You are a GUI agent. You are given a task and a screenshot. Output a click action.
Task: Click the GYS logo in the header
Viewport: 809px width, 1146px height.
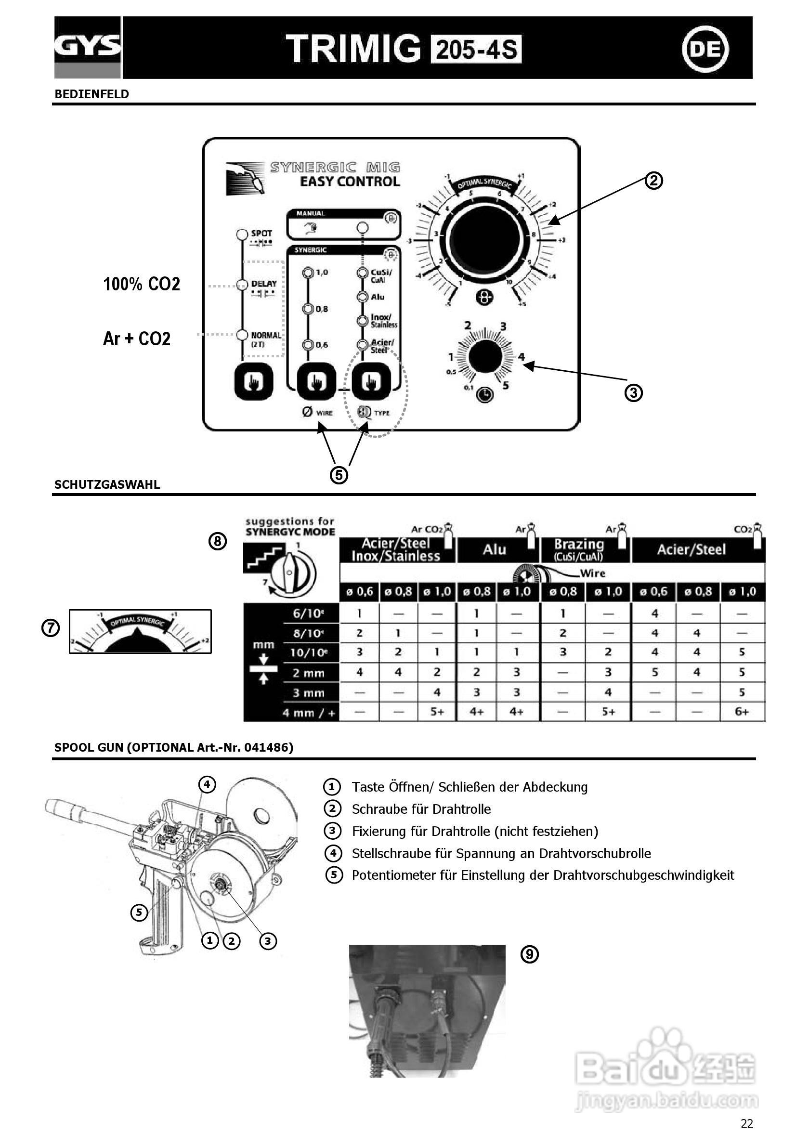(x=88, y=47)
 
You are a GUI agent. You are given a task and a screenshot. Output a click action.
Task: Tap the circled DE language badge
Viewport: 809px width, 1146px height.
(x=705, y=49)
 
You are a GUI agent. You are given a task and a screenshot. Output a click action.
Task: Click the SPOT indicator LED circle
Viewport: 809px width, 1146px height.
(x=242, y=234)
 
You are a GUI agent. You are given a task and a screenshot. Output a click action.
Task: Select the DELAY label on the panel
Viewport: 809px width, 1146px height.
(x=263, y=284)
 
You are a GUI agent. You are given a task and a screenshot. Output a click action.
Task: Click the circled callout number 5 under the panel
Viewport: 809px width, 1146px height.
(x=339, y=475)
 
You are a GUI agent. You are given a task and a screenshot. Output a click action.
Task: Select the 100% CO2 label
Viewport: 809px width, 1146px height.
(x=141, y=284)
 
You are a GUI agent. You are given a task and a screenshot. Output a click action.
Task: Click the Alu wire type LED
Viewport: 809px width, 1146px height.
(x=363, y=297)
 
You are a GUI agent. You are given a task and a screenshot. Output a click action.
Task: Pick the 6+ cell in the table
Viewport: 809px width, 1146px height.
(x=742, y=712)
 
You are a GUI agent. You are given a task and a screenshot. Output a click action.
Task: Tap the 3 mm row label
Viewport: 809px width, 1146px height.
(x=308, y=693)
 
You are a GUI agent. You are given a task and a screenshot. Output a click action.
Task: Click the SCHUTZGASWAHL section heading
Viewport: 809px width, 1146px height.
(x=107, y=485)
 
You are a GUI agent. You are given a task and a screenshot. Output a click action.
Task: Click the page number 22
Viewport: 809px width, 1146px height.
(x=746, y=1123)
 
